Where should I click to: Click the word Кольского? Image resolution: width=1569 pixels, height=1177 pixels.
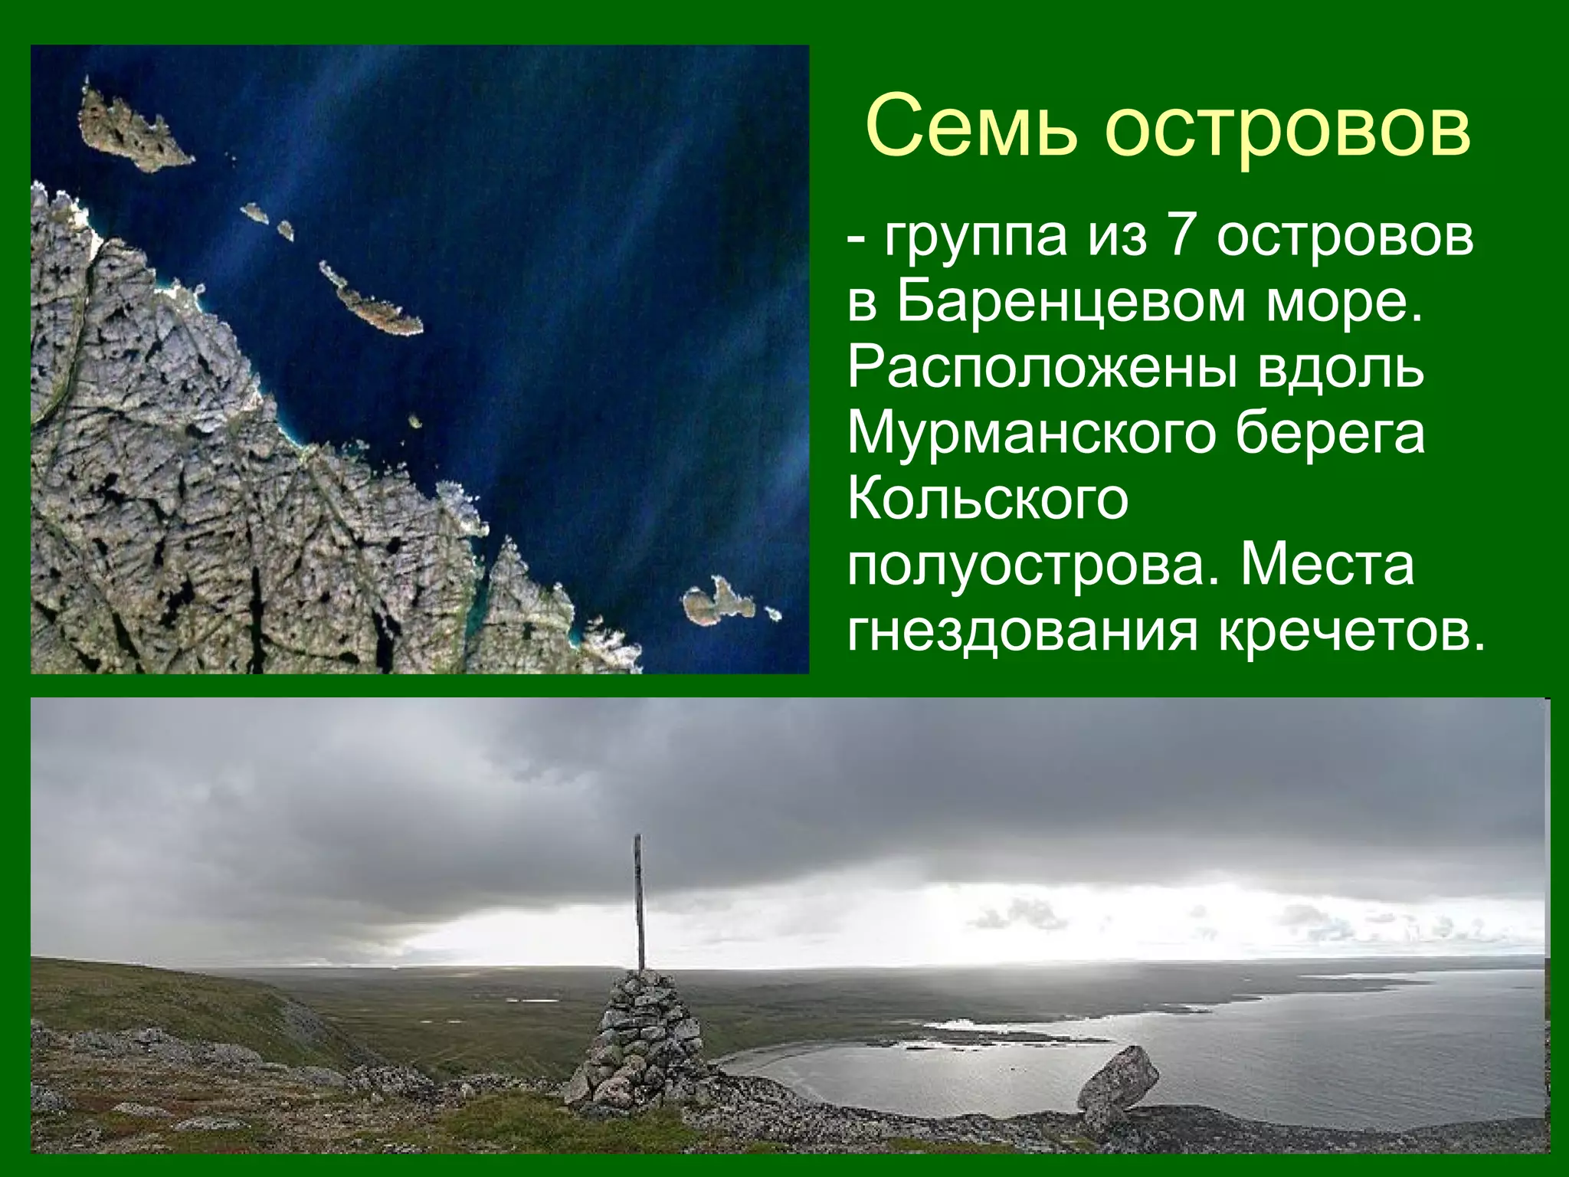(988, 500)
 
